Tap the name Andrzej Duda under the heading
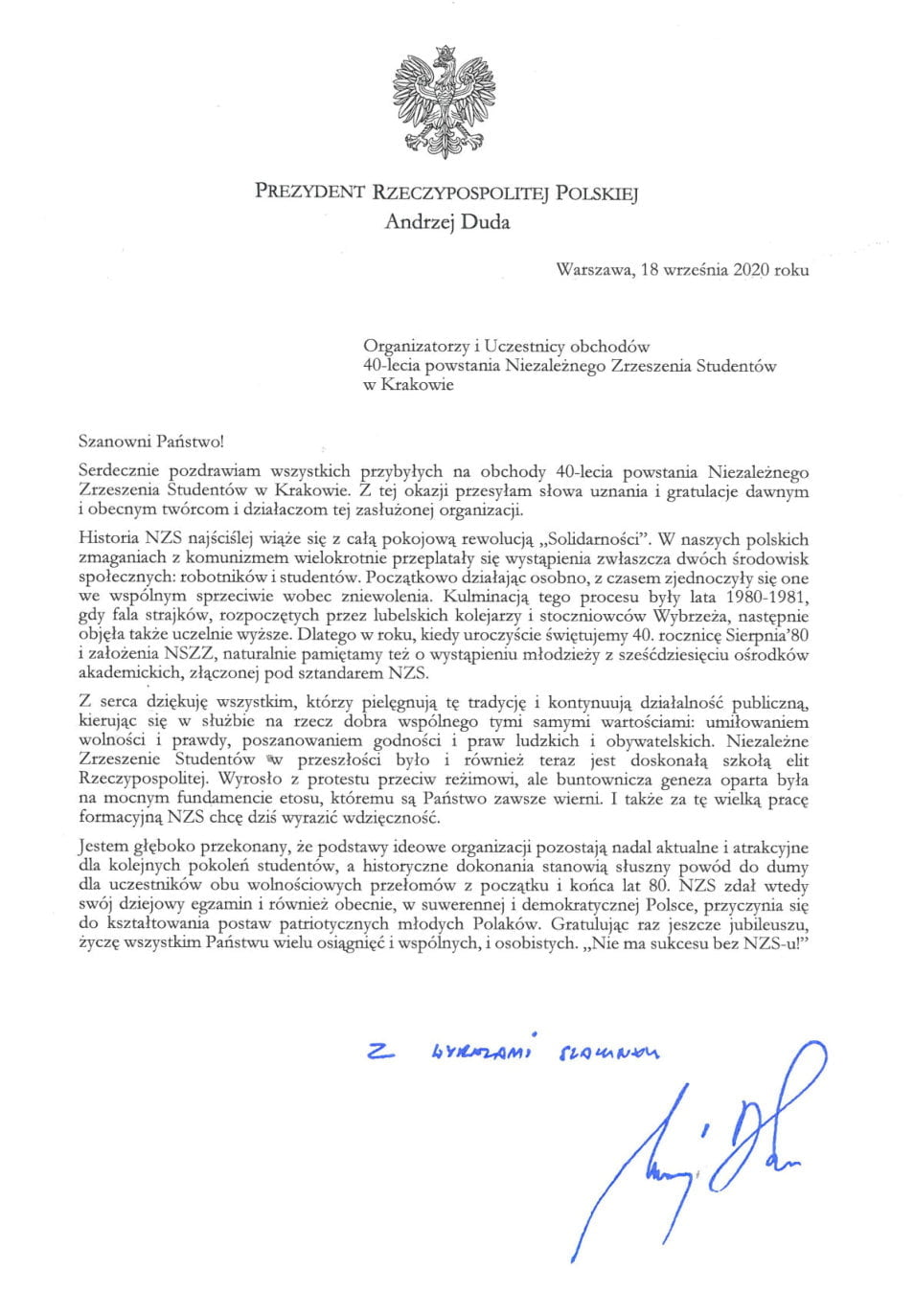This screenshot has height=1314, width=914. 444,224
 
